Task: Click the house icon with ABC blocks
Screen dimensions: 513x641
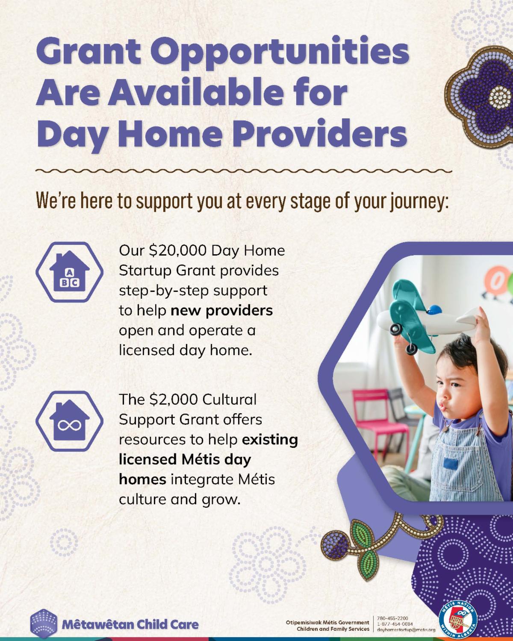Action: (69, 272)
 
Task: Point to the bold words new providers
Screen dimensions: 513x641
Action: (222, 311)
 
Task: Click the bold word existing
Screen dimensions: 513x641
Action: (270, 440)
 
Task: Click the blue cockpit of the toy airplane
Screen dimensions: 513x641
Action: (434, 309)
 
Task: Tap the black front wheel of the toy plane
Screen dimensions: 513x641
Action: (396, 329)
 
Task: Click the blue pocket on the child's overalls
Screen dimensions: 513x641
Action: (451, 464)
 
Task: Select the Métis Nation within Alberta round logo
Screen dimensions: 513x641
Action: (458, 620)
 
